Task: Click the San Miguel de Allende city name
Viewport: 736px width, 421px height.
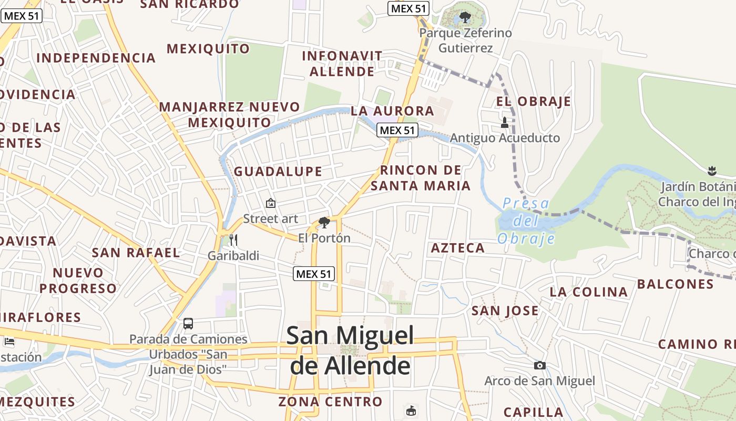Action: [x=350, y=350]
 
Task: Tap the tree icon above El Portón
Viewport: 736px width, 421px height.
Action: [x=324, y=222]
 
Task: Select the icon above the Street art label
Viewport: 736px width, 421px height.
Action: [x=270, y=203]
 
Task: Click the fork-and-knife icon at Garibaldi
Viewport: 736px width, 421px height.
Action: [x=233, y=240]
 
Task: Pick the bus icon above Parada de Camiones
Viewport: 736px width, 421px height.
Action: [x=188, y=323]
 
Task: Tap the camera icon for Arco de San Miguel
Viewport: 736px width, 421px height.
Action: [x=539, y=365]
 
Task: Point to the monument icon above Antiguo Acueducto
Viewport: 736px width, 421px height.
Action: [x=505, y=123]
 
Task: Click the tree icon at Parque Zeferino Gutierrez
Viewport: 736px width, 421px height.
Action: [x=465, y=17]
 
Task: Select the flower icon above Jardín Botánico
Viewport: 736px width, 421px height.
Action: [x=712, y=171]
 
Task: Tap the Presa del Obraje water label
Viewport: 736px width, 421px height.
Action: [x=526, y=221]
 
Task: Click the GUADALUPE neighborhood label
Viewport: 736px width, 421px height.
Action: [x=278, y=172]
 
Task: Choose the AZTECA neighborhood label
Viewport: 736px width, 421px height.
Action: [x=457, y=248]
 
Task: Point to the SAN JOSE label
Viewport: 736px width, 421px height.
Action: [x=505, y=311]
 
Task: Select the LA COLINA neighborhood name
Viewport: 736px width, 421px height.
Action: [x=589, y=292]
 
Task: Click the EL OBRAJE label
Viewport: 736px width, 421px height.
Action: [x=533, y=102]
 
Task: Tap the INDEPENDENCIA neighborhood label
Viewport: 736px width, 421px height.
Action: [x=96, y=58]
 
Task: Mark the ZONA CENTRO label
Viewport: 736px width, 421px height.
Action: [x=330, y=402]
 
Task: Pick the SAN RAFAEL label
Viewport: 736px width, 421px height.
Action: [x=136, y=253]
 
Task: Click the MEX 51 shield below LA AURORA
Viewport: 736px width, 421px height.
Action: [x=397, y=130]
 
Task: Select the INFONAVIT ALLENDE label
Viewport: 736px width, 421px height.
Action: [x=342, y=64]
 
